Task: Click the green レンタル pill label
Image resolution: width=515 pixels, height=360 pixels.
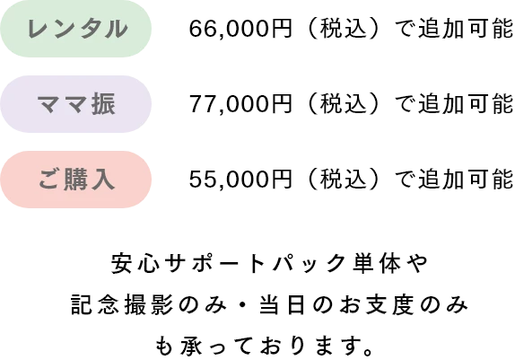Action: (x=75, y=29)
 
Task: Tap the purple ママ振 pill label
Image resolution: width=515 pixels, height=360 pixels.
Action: (x=75, y=104)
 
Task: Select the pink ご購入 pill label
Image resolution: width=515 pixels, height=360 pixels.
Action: (x=75, y=180)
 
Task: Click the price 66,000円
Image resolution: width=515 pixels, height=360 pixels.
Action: (x=240, y=29)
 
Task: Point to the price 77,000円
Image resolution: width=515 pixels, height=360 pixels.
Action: (x=240, y=104)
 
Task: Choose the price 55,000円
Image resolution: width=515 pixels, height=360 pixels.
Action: (x=240, y=180)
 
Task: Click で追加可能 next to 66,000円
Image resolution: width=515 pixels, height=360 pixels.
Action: (x=454, y=29)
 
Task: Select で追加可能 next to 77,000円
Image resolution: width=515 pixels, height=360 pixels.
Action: (x=454, y=104)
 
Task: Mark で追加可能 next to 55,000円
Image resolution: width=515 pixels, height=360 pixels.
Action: (x=454, y=180)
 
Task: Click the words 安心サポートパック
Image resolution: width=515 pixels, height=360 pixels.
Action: (x=229, y=263)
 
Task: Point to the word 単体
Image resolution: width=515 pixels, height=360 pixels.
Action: (x=377, y=263)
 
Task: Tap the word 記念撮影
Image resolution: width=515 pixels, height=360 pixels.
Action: (x=122, y=304)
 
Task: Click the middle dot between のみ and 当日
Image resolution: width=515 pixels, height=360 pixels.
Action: (x=243, y=304)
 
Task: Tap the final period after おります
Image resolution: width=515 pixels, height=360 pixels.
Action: (x=369, y=352)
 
